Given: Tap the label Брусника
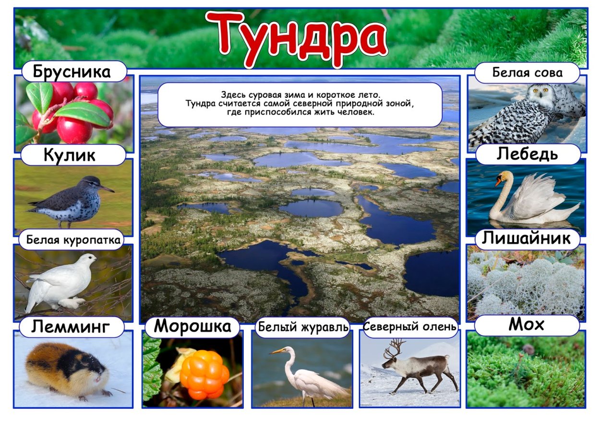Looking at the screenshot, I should tap(72, 72).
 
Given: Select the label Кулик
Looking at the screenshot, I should tap(70, 155).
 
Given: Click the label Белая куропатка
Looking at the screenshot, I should tap(73, 240).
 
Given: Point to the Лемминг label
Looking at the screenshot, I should tap(71, 328).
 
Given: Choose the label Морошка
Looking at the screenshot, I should tap(192, 327).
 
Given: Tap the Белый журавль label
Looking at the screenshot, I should tap(303, 328).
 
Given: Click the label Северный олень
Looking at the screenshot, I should tap(410, 328).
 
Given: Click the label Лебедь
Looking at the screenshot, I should tap(527, 154).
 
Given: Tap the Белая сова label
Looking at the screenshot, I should tap(527, 73).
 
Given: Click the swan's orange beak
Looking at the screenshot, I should tap(499, 181).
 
